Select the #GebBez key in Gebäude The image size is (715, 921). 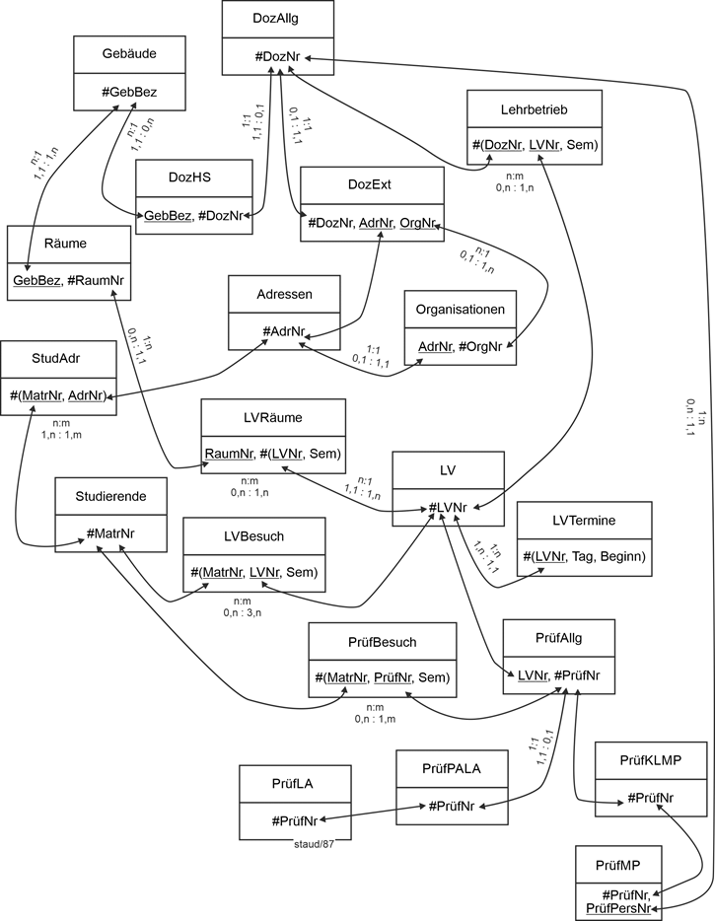[129, 92]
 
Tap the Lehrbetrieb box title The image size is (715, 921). [534, 109]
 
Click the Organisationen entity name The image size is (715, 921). [461, 309]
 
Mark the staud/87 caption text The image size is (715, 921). [314, 843]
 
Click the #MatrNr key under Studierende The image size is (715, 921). [110, 533]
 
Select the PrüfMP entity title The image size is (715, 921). [619, 865]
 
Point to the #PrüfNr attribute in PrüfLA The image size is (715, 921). [294, 819]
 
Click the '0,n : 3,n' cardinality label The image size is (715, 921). [242, 612]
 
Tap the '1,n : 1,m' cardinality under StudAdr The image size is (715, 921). [60, 433]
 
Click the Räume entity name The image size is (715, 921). [68, 244]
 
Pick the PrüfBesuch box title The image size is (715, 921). [383, 642]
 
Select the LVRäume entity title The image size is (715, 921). [272, 417]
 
